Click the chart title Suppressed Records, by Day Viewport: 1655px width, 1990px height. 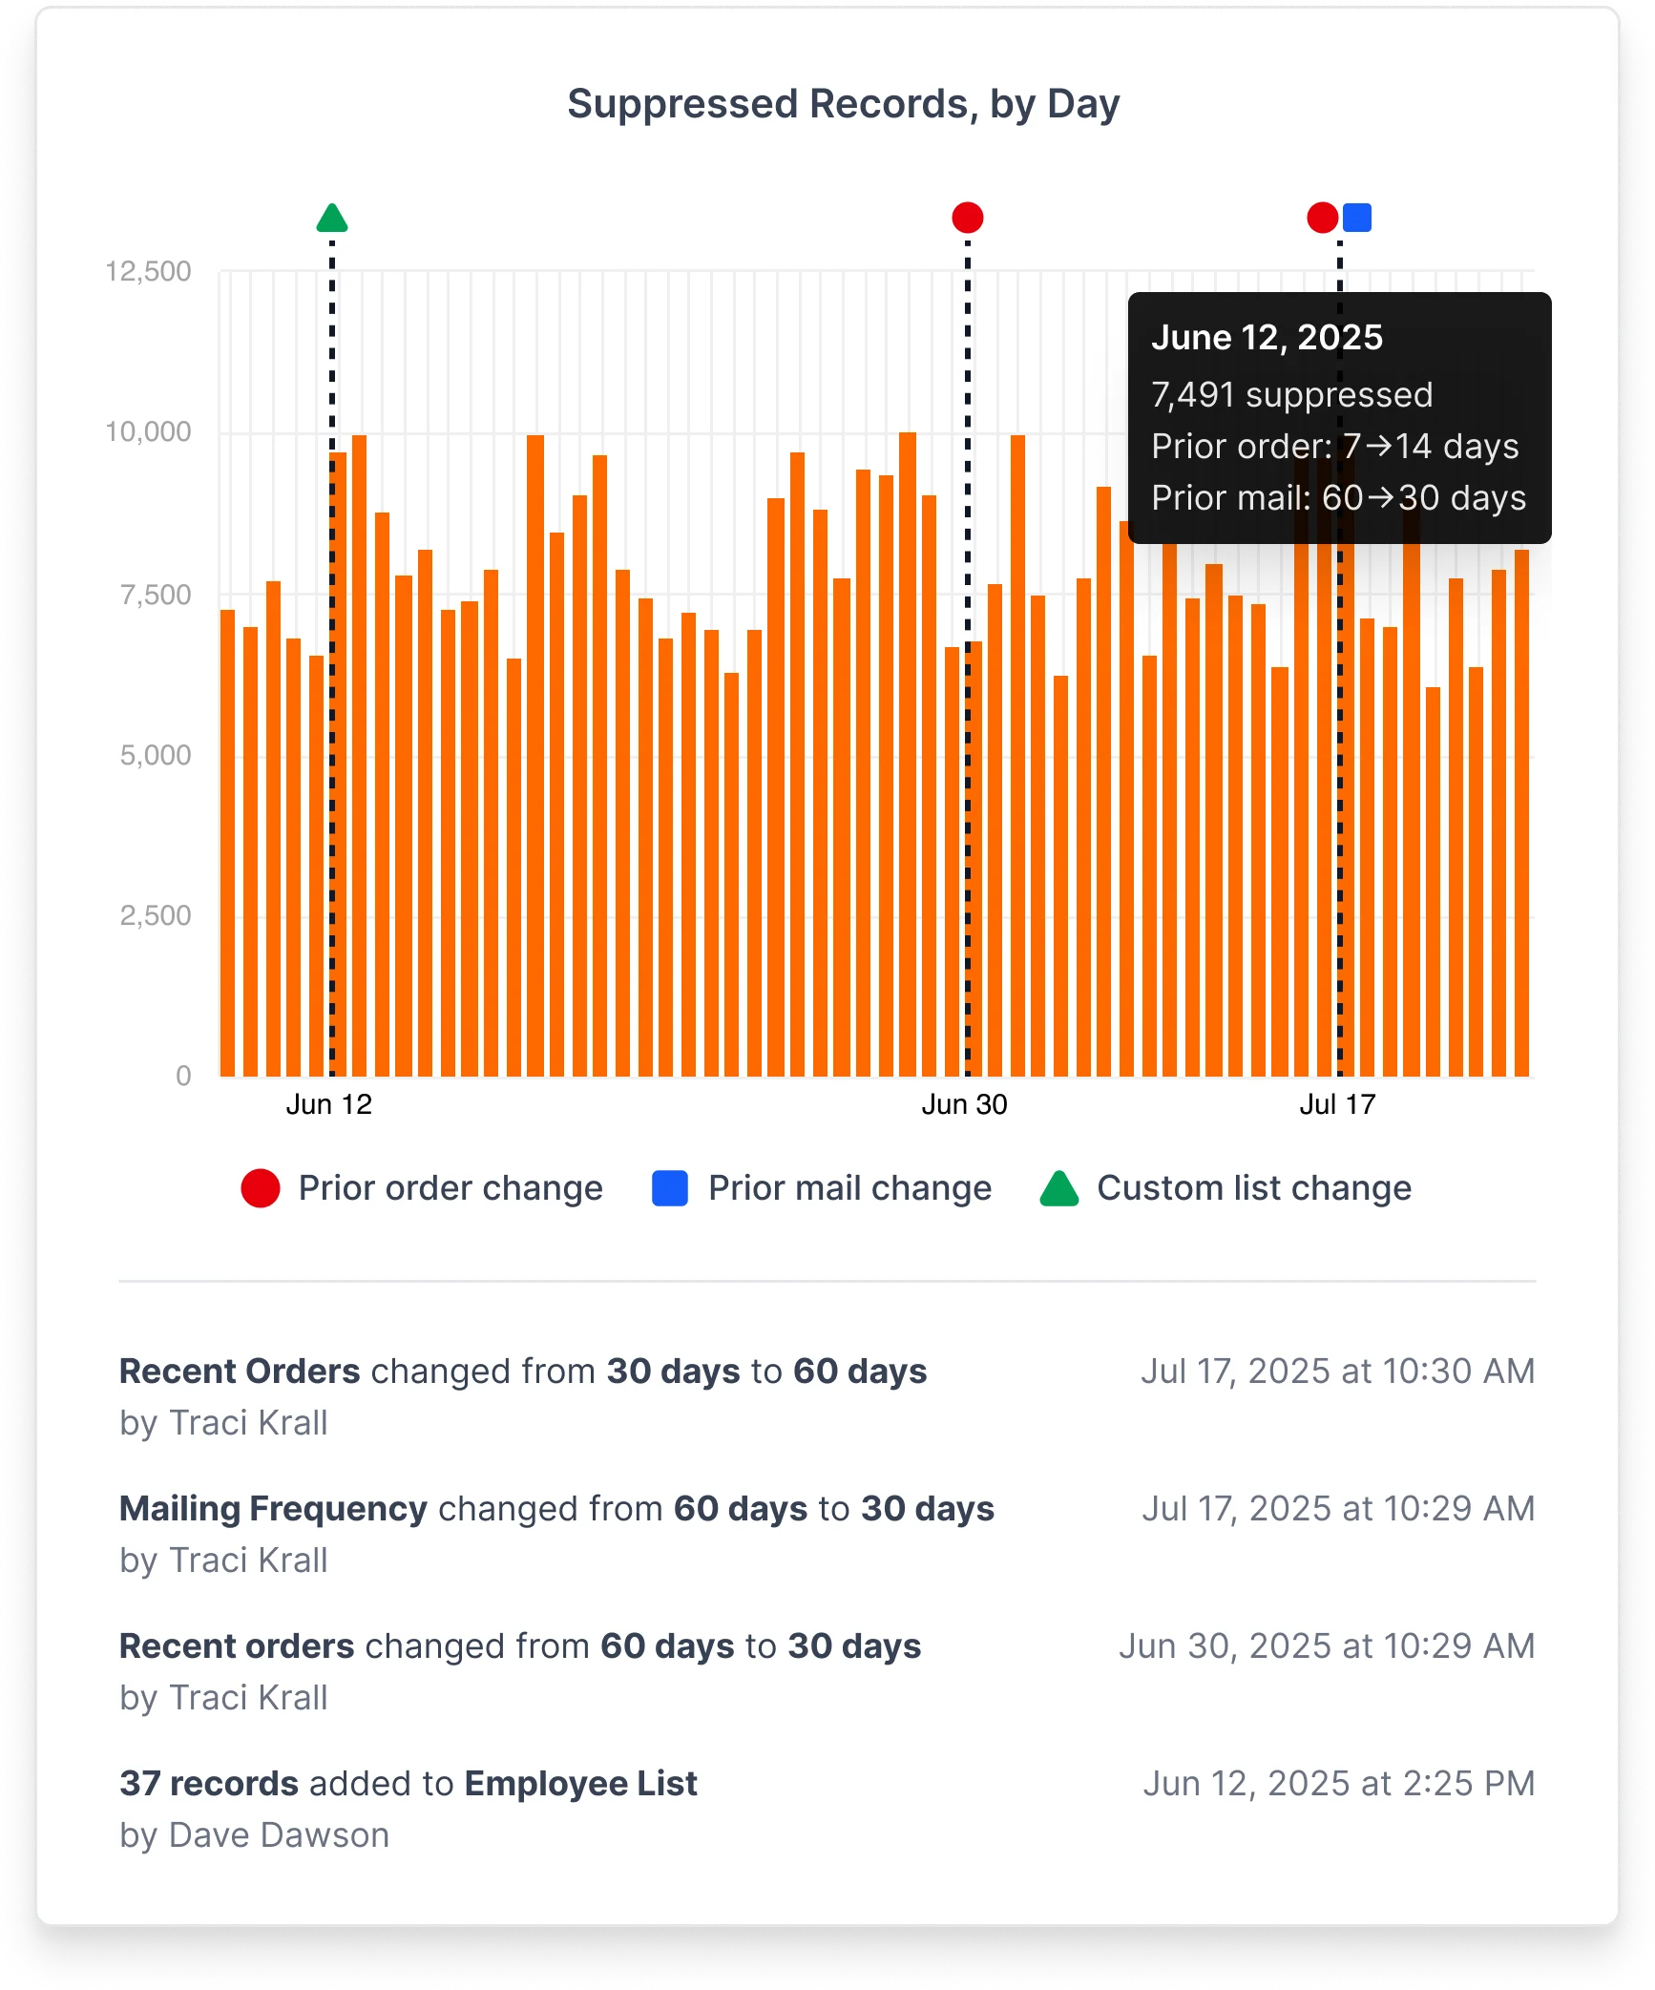point(843,104)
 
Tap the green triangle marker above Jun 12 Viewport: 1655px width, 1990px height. point(332,219)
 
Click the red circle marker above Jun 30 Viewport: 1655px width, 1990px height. point(967,218)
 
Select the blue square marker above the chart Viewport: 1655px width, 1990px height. point(1356,218)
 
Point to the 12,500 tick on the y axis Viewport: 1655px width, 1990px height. point(148,271)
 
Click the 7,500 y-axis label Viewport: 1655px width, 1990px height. point(156,595)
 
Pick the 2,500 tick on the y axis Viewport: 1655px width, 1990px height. point(156,915)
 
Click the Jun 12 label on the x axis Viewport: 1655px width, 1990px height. point(329,1104)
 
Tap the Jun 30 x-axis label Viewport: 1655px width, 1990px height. point(964,1104)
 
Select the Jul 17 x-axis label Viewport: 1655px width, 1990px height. point(1337,1104)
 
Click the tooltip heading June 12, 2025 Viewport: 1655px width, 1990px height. point(1267,338)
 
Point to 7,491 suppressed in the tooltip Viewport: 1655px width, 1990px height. point(1291,395)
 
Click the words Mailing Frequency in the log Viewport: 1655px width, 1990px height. point(273,1509)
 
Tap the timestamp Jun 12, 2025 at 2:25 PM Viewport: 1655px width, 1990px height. point(1338,1784)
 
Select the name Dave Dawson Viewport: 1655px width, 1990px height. point(279,1835)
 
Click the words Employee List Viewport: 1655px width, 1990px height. point(580,1784)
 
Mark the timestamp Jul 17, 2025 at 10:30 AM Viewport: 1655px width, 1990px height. point(1337,1372)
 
